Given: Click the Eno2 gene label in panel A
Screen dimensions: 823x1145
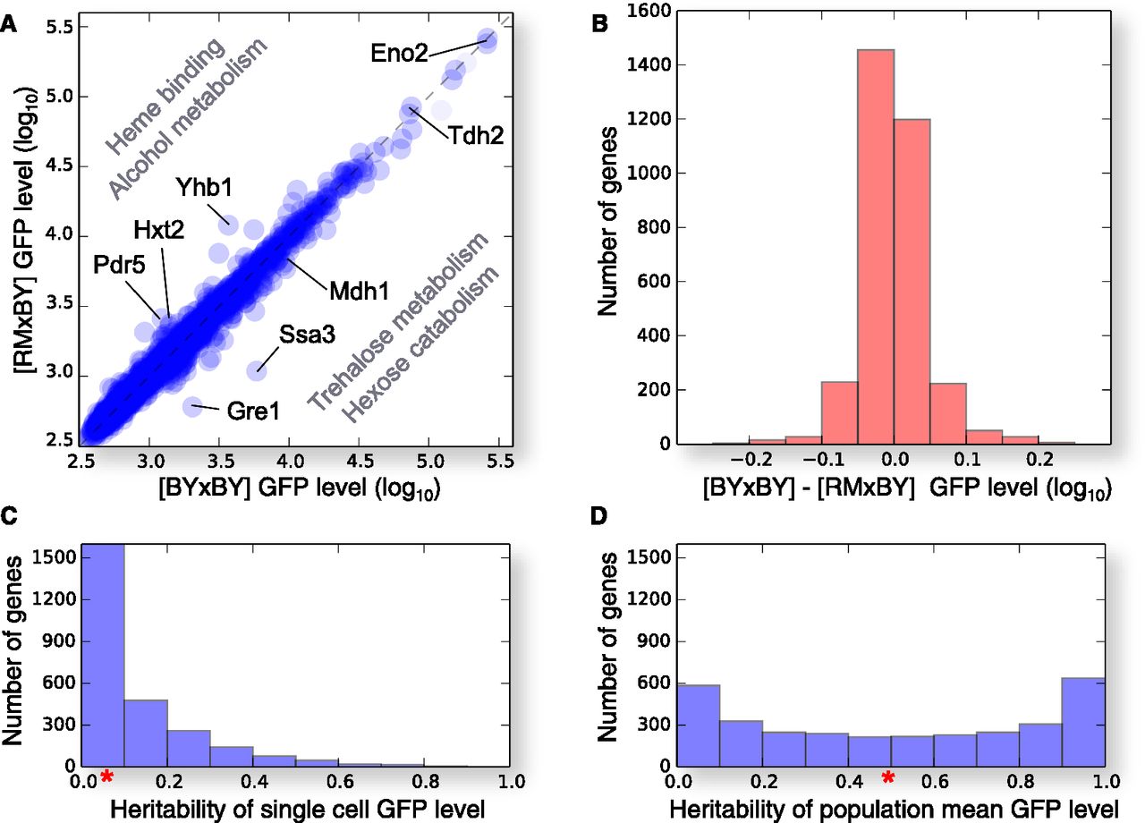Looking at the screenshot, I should click(399, 52).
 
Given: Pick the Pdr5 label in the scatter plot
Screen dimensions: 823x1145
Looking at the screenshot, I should click(117, 266).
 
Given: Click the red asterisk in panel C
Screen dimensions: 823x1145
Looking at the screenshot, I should click(106, 776).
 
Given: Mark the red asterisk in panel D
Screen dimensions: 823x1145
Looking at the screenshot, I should click(887, 776).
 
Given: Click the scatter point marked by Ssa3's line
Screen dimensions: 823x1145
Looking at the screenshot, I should click(258, 369).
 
